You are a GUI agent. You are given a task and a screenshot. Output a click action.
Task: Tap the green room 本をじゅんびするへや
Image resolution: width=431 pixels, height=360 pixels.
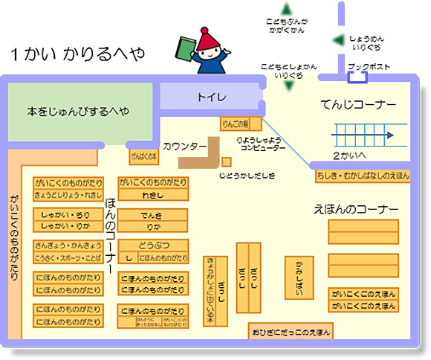tap(78, 112)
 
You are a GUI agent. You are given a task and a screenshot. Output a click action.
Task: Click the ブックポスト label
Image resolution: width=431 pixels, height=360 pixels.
tap(369, 67)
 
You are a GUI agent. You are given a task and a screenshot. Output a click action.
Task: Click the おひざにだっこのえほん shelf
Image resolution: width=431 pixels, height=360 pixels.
tap(291, 331)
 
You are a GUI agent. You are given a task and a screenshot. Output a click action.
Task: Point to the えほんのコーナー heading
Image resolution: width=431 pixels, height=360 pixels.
tap(356, 209)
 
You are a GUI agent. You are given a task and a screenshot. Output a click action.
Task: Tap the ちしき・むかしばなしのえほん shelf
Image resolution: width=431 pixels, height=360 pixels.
tap(363, 175)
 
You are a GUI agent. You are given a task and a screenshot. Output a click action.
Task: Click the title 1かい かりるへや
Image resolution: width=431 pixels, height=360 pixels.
tap(77, 54)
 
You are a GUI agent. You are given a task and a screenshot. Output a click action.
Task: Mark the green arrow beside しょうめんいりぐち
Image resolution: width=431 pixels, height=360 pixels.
tap(337, 40)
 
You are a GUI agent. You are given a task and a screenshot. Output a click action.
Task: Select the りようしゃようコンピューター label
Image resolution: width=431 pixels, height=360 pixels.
tap(258, 144)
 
